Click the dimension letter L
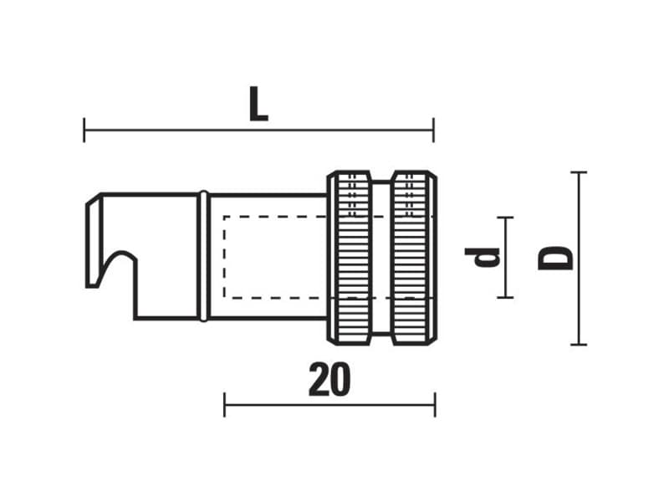click(258, 104)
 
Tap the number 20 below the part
click(329, 380)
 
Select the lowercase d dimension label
click(483, 257)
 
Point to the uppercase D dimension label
click(555, 258)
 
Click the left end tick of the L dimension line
click(84, 131)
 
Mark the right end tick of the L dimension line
click(433, 131)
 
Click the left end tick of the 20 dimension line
click(224, 405)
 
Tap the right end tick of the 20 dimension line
click(435, 405)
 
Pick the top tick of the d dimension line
click(505, 218)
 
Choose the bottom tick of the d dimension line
click(505, 297)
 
